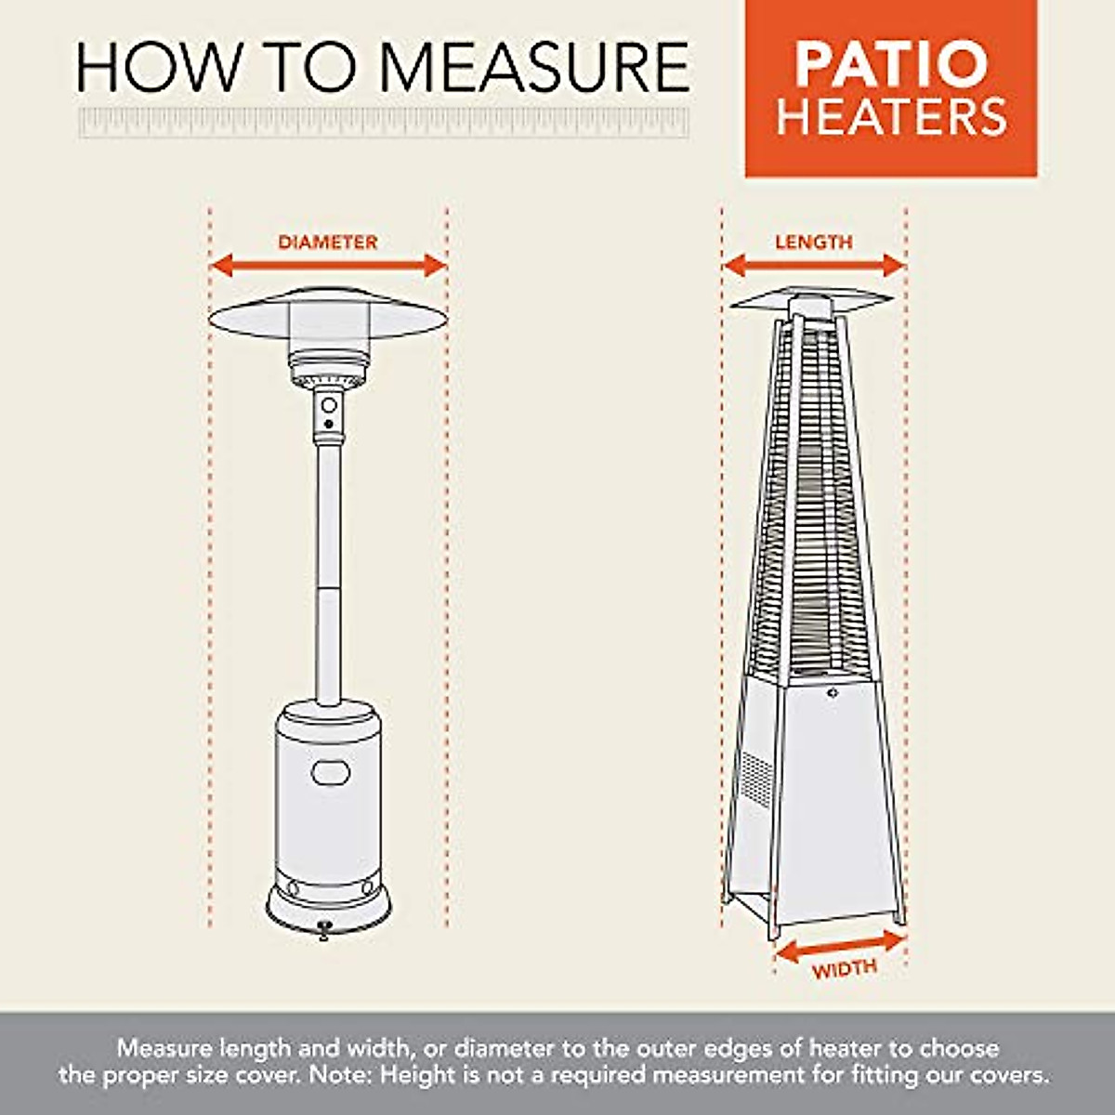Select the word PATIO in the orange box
tap(890, 63)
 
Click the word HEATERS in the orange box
tap(891, 118)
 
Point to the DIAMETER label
tap(328, 243)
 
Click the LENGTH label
tap(814, 243)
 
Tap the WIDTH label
tap(844, 969)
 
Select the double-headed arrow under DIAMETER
tap(328, 267)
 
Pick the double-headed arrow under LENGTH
tap(814, 267)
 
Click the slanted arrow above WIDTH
tap(839, 946)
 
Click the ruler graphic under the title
tap(384, 123)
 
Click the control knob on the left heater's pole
tap(328, 406)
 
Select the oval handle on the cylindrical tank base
tap(331, 772)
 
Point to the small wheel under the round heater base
tap(324, 929)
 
